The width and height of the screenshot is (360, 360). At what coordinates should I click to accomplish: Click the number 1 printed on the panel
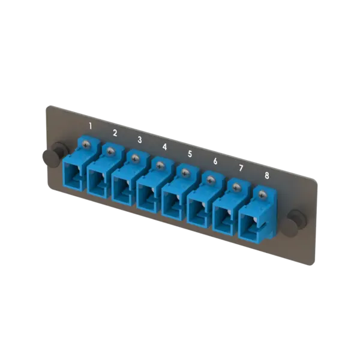click(90, 125)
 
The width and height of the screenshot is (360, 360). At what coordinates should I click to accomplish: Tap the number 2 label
click(115, 133)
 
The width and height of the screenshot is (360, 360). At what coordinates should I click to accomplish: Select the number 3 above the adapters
click(140, 139)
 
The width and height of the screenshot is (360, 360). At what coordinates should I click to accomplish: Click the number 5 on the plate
click(190, 154)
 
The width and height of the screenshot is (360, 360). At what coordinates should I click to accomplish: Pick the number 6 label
click(215, 161)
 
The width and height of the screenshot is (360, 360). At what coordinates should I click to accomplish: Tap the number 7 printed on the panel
click(240, 168)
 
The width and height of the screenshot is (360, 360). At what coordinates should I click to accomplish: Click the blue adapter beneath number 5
click(174, 202)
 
